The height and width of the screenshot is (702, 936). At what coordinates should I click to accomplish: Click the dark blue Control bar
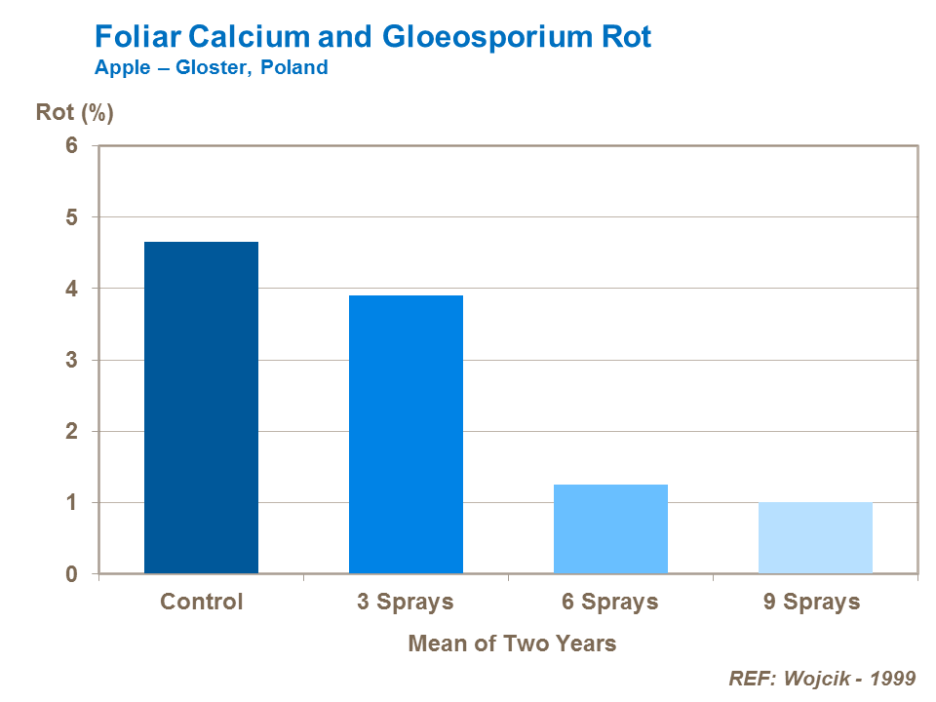(x=201, y=408)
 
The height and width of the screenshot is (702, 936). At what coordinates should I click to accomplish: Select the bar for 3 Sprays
(x=406, y=434)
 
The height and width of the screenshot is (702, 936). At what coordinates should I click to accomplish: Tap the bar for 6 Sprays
(x=610, y=528)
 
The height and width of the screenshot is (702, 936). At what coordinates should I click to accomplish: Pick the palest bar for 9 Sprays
(x=815, y=537)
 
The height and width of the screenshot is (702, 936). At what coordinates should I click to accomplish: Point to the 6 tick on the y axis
(x=71, y=145)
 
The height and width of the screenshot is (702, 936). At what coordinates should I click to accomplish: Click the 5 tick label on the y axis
(x=71, y=216)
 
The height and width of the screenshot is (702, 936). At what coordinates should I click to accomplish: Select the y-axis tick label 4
(x=71, y=289)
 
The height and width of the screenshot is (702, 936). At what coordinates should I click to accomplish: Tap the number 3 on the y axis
(x=71, y=360)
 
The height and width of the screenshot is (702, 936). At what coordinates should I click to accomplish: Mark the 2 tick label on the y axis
(x=71, y=431)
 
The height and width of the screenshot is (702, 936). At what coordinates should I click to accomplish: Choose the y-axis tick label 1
(x=71, y=503)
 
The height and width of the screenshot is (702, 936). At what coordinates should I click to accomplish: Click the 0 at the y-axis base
(x=71, y=574)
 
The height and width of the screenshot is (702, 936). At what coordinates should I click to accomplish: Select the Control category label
(x=201, y=602)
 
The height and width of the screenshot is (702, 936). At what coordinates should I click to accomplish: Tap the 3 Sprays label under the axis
(x=406, y=602)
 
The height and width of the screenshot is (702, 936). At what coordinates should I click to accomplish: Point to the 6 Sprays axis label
(x=610, y=602)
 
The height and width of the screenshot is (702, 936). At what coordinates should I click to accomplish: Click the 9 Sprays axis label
(x=812, y=602)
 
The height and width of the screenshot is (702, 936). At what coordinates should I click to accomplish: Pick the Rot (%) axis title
(x=75, y=112)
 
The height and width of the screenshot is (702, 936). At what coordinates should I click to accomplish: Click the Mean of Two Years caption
(x=512, y=643)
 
